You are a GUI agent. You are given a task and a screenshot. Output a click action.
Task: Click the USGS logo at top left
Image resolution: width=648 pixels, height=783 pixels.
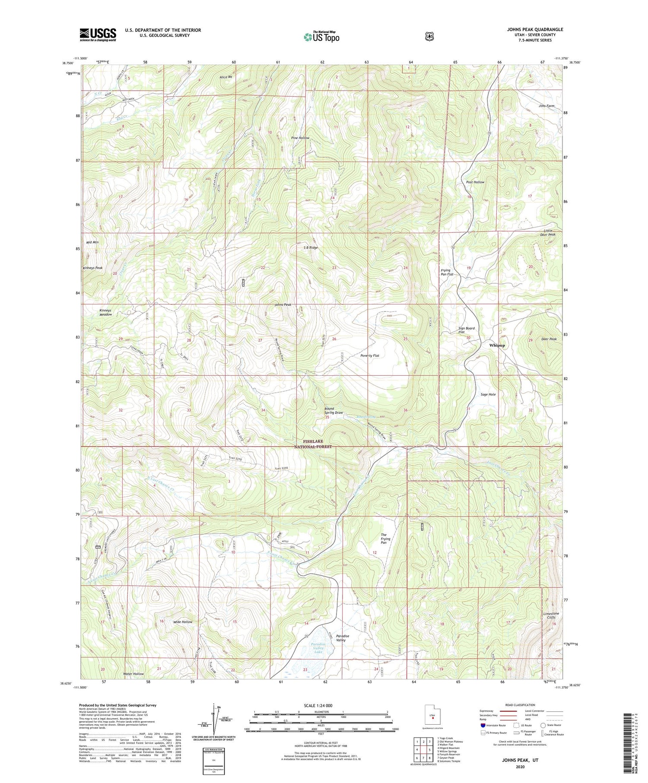coord(98,35)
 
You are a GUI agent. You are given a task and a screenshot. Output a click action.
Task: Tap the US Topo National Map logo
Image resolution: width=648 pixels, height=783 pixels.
coord(321,37)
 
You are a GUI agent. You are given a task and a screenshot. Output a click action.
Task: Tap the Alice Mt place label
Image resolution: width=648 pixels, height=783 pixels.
coord(226,77)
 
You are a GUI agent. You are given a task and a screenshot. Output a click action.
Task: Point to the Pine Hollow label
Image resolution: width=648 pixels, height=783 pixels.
coord(300,138)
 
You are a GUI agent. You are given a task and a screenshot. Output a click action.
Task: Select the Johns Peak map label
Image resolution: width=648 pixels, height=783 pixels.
coord(283,305)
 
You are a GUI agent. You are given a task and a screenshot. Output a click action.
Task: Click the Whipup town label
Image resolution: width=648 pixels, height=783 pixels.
coord(497,346)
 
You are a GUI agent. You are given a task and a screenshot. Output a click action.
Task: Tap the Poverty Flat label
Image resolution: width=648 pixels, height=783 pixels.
coord(370,355)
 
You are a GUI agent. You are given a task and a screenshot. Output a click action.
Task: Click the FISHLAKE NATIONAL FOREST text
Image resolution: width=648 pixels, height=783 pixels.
coord(317,444)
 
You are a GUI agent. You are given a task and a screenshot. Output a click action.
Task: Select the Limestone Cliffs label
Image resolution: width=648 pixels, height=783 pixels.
coord(551,615)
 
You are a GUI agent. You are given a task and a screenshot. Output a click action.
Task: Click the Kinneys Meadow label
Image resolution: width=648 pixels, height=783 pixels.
coord(105,312)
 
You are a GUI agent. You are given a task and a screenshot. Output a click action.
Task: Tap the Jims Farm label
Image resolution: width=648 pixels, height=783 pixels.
coord(546,106)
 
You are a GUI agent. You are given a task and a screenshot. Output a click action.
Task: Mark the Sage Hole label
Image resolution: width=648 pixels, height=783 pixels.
coord(488,394)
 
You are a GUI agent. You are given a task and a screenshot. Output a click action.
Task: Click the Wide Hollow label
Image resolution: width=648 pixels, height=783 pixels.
coord(182,622)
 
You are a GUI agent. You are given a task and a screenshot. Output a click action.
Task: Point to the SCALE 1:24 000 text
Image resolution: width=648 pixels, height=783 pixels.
coord(321,706)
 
